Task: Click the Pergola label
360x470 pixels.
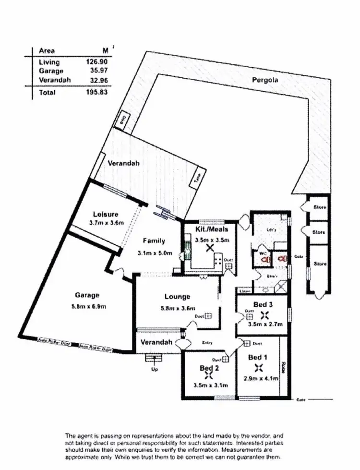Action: tap(265, 80)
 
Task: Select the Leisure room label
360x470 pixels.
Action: tap(106, 214)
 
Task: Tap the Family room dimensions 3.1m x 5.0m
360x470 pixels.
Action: tap(154, 253)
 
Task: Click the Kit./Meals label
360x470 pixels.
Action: tap(209, 229)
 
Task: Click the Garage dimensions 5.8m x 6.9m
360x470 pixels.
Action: tap(87, 306)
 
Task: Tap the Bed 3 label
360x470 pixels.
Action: tap(264, 304)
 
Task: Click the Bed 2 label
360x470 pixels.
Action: tap(209, 368)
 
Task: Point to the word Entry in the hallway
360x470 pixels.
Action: tap(207, 342)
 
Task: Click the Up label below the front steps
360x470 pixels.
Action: tap(155, 370)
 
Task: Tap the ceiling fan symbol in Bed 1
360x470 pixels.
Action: tap(259, 368)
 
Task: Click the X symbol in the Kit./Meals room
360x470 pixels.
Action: tap(209, 248)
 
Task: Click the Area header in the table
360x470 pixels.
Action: tap(47, 51)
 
